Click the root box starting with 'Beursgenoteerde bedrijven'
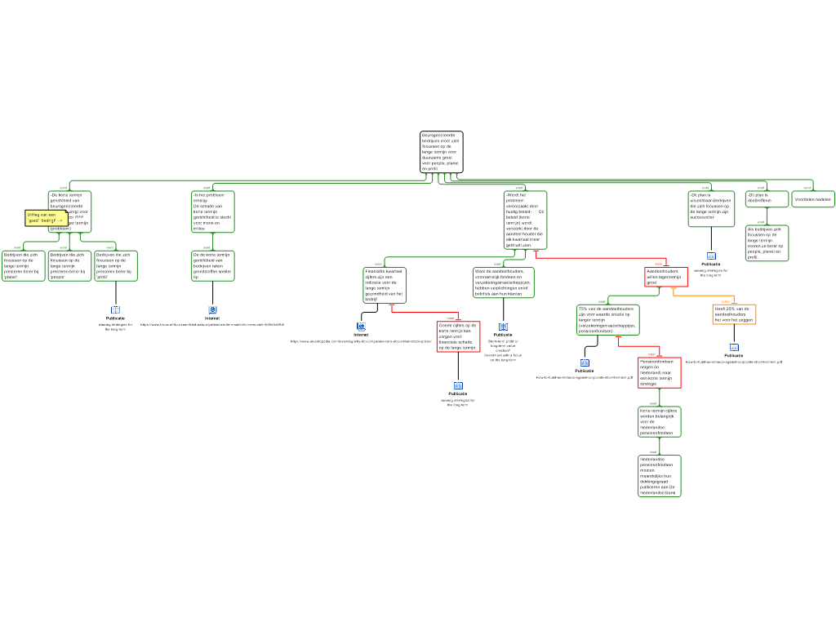[x=441, y=152]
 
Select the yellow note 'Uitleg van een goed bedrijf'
[x=46, y=218]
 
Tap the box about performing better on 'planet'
[x=23, y=266]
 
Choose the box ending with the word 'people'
[x=69, y=266]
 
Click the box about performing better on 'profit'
[x=116, y=266]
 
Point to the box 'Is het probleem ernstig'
[x=212, y=211]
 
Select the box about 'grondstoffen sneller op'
[x=212, y=266]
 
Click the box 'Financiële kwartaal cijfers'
[x=384, y=285]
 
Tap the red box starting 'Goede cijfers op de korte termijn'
[x=458, y=336]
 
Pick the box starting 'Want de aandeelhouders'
[x=503, y=282]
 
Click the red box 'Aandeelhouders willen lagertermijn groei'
[x=665, y=277]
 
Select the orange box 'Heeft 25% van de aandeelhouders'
[x=733, y=314]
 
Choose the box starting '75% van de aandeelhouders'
[x=607, y=320]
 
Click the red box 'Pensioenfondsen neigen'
[x=659, y=372]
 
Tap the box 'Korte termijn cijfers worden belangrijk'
[x=659, y=422]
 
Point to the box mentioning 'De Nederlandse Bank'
[x=659, y=476]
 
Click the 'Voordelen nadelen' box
[x=813, y=199]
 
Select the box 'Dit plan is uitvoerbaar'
[x=710, y=208]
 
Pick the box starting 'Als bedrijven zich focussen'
[x=767, y=243]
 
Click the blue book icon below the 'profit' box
[x=116, y=310]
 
